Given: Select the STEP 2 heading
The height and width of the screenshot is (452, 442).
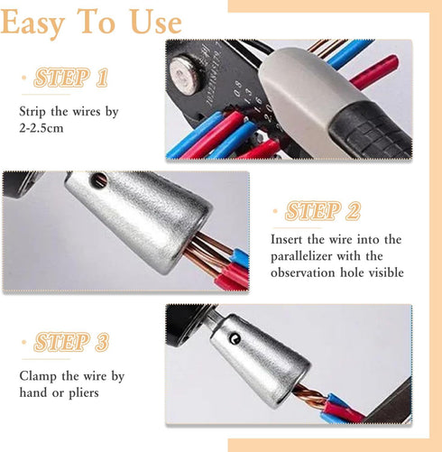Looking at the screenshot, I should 322,212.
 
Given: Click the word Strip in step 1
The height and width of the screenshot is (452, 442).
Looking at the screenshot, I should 35,112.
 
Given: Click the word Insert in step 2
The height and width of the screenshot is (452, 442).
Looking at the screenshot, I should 290,240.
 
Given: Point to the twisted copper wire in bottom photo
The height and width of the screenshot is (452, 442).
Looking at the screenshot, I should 310,396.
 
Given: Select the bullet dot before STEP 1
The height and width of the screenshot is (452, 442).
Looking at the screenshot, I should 23,78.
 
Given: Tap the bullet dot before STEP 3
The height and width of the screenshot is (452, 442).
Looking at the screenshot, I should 23,344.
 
